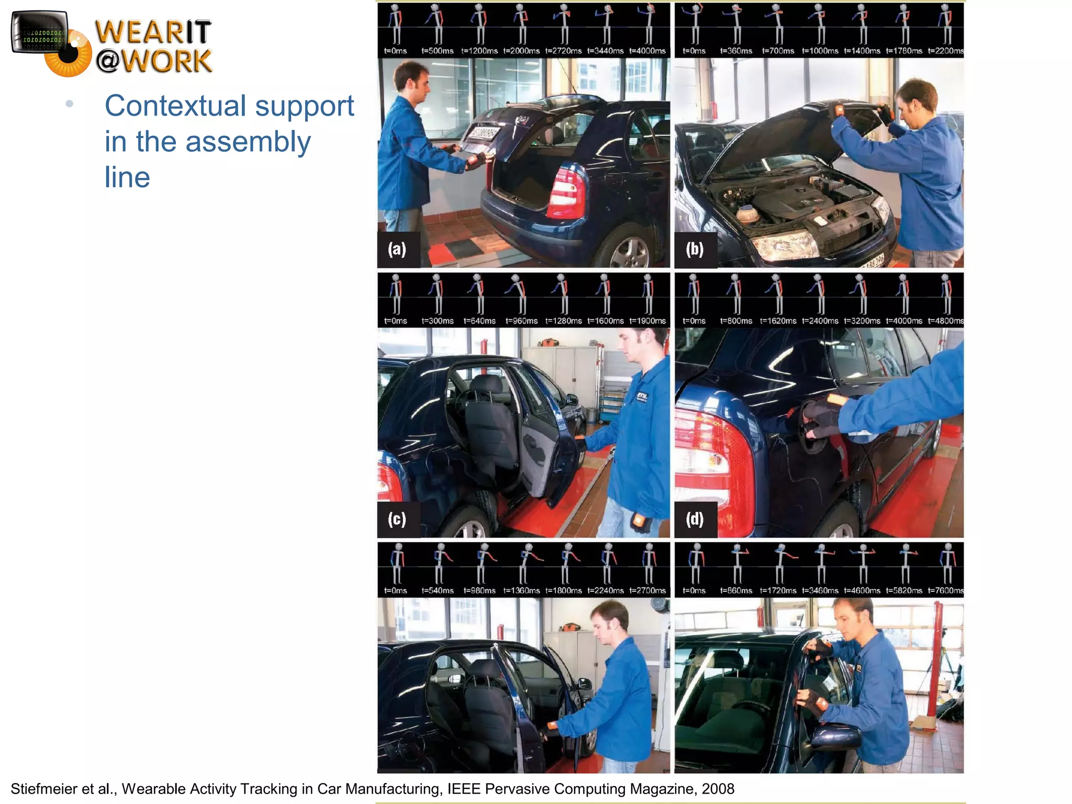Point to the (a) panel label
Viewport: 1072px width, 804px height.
tap(397, 249)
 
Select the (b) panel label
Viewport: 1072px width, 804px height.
tap(695, 249)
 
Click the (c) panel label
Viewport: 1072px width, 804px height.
tap(397, 519)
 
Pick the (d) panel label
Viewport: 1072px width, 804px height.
tap(695, 519)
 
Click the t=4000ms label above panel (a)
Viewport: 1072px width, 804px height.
tap(647, 51)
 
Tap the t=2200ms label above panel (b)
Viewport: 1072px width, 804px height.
tap(945, 51)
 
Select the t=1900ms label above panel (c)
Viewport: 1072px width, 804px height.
tap(647, 321)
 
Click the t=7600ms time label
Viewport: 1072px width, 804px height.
tap(945, 590)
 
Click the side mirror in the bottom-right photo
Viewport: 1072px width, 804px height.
tap(836, 736)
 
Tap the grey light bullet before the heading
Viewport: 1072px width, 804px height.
tap(69, 104)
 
